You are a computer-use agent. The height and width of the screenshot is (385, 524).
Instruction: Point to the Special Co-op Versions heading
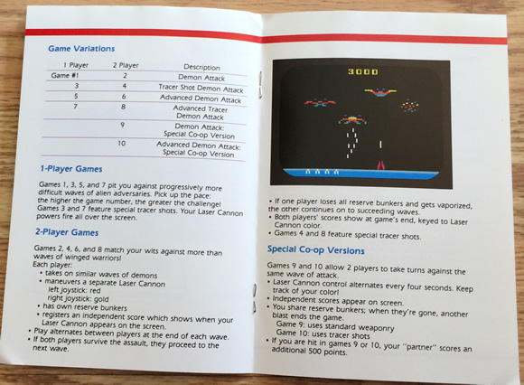click(323, 249)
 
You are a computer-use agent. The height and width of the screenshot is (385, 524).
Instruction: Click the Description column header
click(201, 66)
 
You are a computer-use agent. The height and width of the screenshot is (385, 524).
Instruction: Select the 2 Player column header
click(125, 66)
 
